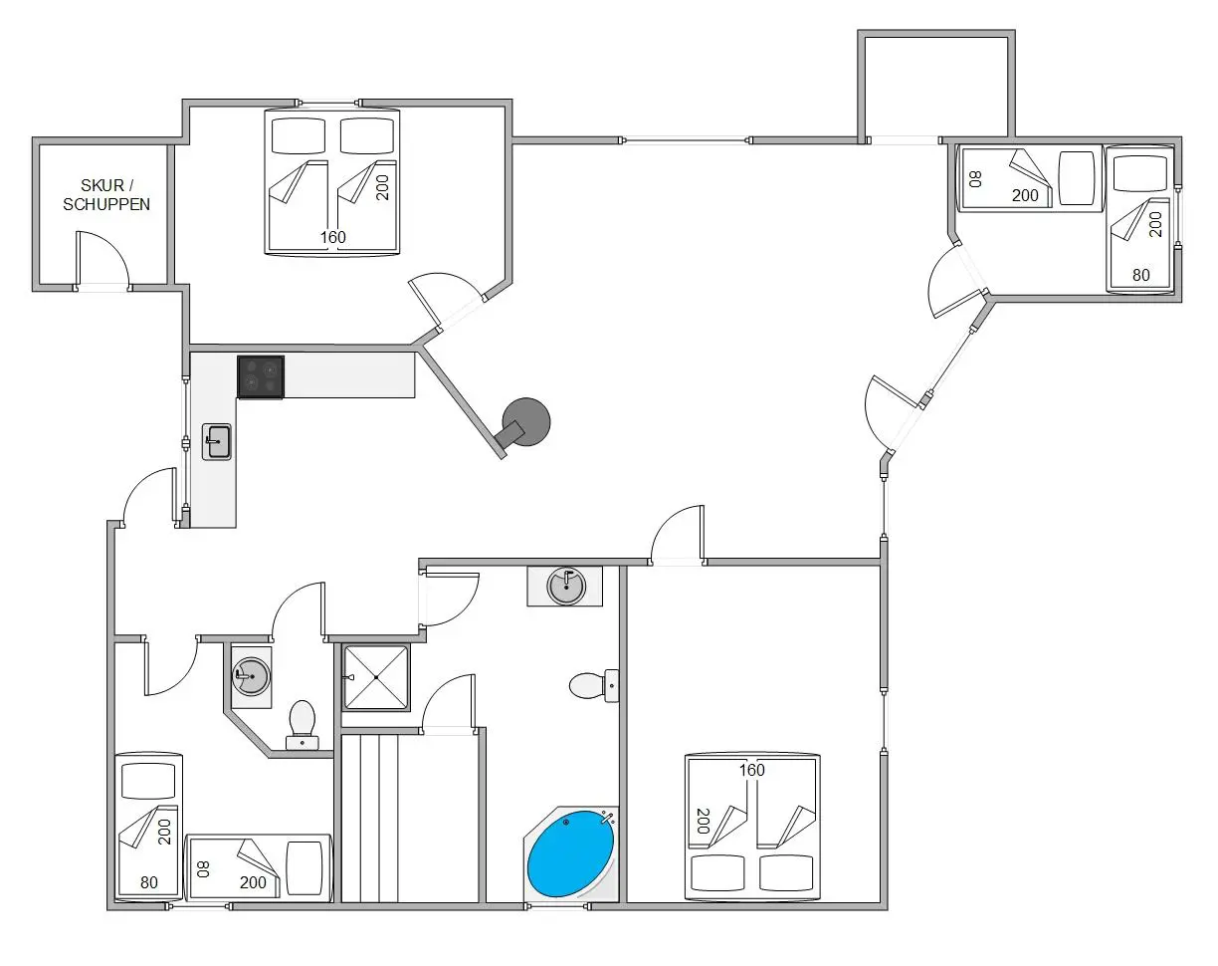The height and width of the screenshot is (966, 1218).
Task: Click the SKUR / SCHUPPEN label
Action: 106,194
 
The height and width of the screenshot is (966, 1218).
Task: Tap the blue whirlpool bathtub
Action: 570,853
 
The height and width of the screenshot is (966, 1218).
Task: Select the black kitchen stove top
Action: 261,377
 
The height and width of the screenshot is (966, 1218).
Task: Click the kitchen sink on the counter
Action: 217,441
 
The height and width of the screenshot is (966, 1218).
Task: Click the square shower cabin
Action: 376,677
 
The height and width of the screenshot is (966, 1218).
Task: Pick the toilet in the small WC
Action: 303,725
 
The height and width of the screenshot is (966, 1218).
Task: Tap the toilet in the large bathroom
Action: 594,685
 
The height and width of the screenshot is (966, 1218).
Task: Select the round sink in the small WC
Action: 252,676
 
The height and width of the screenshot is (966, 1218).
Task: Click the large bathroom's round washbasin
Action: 566,586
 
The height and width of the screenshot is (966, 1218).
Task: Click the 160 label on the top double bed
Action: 332,237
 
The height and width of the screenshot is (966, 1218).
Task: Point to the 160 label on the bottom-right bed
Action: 751,770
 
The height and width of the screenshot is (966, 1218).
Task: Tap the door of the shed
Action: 101,258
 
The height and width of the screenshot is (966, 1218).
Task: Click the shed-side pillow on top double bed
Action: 299,136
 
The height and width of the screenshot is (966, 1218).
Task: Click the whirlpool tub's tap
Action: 607,818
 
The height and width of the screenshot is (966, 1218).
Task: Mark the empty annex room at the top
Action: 936,87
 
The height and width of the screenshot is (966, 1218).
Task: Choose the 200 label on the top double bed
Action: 383,187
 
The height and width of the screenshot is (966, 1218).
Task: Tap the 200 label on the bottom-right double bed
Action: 703,821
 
